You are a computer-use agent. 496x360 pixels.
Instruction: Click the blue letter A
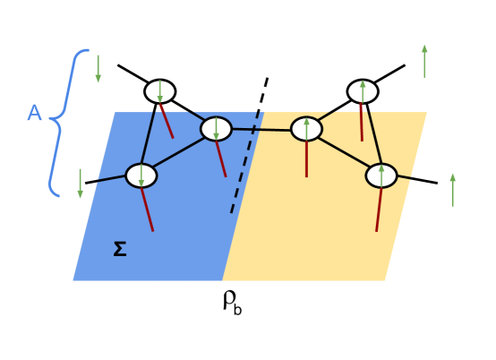[35, 114]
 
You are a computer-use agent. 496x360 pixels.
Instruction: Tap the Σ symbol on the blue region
[119, 250]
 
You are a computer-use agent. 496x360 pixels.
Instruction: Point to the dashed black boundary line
[244, 164]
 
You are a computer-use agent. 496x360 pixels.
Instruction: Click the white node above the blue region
[159, 91]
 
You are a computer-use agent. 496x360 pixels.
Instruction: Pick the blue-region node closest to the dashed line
[216, 129]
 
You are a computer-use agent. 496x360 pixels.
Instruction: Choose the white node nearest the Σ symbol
[141, 176]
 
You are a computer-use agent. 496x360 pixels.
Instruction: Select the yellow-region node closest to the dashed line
[306, 129]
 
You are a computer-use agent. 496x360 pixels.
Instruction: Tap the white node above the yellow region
[363, 91]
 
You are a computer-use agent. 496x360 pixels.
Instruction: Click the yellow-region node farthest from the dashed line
[381, 176]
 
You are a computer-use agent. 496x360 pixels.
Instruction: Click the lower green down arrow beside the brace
[81, 184]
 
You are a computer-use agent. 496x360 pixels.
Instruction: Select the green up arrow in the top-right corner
[424, 61]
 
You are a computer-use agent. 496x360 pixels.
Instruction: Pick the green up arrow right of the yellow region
[452, 190]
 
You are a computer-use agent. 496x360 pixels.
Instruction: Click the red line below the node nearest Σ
[148, 210]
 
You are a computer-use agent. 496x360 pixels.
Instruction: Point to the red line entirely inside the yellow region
[306, 159]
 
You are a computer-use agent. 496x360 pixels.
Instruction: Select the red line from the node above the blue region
[167, 122]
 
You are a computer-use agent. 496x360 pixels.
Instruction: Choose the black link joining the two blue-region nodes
[179, 152]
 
